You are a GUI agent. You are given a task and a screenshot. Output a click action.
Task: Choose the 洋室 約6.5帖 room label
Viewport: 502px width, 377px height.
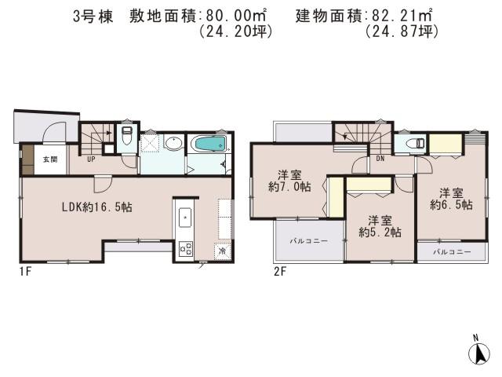(x=450, y=198)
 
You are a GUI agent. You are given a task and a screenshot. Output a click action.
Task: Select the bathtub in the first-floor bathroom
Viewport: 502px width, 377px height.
(x=208, y=145)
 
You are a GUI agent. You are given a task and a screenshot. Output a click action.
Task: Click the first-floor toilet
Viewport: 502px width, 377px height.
(x=126, y=138)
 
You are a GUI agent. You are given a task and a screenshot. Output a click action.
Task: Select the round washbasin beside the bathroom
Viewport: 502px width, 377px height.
(x=173, y=143)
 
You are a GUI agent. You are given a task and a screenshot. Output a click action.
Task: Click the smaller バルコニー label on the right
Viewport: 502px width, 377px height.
(x=453, y=252)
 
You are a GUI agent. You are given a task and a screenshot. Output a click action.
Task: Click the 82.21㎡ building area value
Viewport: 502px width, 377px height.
(x=399, y=15)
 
